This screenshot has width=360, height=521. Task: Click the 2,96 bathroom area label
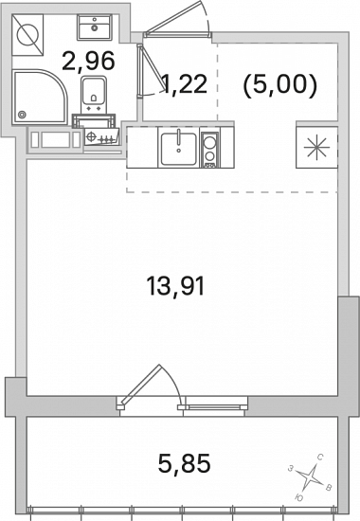pos(88,61)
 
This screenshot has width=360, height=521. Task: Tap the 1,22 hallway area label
pos(185,83)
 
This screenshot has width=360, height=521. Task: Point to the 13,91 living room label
pos(175,286)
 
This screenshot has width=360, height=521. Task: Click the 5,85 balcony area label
pos(184,463)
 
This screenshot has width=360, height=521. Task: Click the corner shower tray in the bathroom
pos(39,97)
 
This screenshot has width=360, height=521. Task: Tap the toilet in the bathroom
pos(94,95)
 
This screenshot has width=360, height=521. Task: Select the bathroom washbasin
pos(95,27)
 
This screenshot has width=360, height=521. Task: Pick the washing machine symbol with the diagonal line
pos(27,35)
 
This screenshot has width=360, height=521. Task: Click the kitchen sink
pos(179,149)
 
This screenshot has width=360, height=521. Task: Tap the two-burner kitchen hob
pos(209,149)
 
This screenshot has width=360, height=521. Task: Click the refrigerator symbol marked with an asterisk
pos(316,147)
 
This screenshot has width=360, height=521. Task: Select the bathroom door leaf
pos(153,67)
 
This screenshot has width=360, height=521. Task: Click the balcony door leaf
pos(141,383)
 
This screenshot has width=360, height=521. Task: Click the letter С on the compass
pos(320,458)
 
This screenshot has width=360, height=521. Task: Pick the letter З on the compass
pos(291,469)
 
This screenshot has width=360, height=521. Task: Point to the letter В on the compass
pos(329,488)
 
